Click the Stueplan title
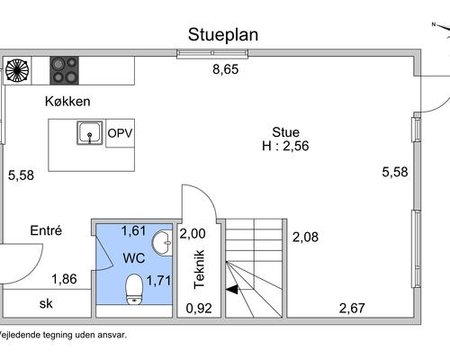point(223,35)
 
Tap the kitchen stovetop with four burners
point(64,70)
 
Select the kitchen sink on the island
point(89,132)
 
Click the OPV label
point(120,133)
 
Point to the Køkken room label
point(67,102)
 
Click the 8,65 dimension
point(225,69)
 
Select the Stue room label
point(285,132)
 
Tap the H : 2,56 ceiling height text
point(285,146)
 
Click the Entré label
point(46,230)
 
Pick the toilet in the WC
point(134,289)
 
